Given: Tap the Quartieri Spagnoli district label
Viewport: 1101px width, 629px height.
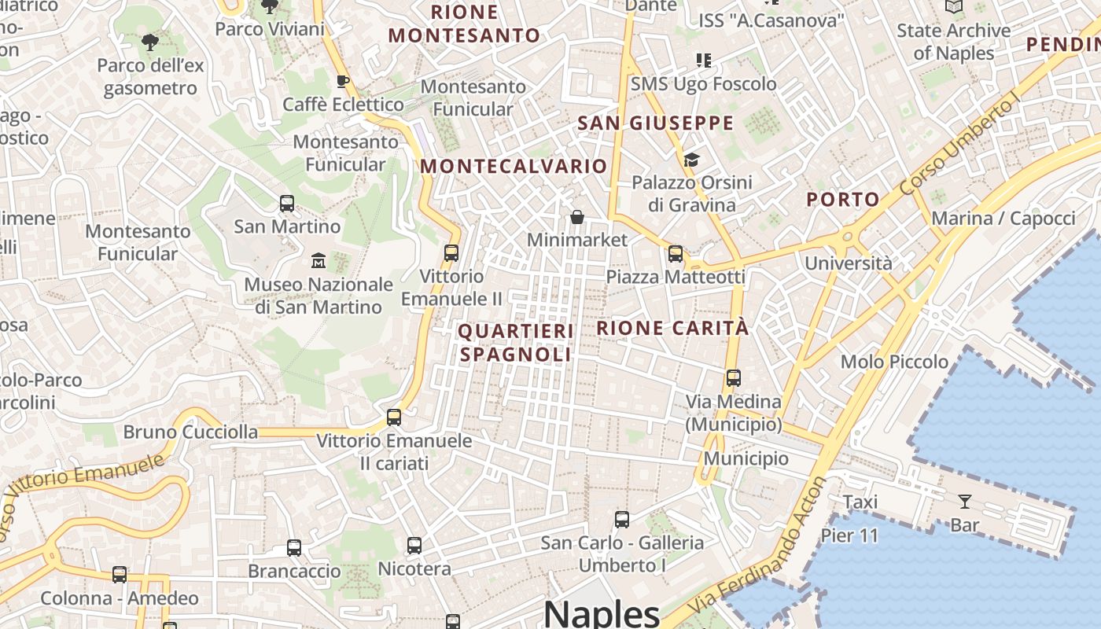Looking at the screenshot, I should pos(516,343).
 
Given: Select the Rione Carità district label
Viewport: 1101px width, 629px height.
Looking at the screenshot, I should pos(672,328).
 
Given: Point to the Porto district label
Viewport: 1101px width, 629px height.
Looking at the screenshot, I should pos(842,200).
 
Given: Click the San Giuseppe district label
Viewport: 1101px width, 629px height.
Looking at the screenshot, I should pos(655,123).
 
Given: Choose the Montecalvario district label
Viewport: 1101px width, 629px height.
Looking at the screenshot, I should pos(514,167).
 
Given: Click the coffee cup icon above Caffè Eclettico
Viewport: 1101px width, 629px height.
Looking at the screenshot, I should pos(343,81).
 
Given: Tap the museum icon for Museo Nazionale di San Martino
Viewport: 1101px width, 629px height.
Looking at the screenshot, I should pos(319,260).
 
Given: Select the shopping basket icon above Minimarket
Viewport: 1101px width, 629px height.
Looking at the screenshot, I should pos(577,217).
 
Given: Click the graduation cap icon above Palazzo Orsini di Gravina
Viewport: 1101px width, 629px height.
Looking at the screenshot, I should pos(691,160).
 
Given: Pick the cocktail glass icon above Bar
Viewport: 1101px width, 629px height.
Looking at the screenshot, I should pos(964,502).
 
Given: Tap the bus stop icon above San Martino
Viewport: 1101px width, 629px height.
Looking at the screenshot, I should pos(287,204).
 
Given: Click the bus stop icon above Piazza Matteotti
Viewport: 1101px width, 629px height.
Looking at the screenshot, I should pos(676,254).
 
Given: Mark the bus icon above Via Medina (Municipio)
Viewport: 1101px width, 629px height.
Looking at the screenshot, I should pos(734,378).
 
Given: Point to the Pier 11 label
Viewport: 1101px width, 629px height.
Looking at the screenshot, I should pos(849,536).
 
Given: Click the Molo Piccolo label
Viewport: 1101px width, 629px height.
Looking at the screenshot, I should pos(894,362).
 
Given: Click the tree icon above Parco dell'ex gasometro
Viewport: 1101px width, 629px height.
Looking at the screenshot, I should pos(149,42).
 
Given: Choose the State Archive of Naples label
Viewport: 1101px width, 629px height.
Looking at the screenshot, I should pos(953,42).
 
